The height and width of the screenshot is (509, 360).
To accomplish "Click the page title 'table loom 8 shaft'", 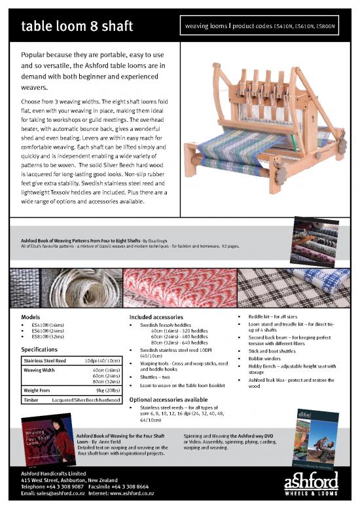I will coord(77,27).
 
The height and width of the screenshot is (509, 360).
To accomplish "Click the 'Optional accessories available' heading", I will coord(169,400).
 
